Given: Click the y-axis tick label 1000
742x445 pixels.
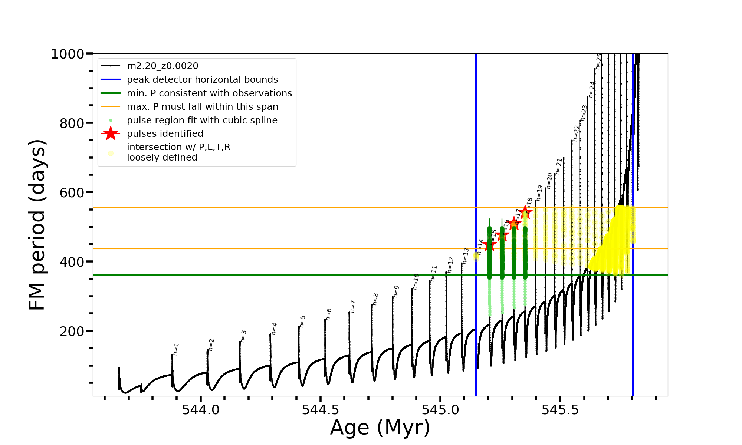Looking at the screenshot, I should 68,54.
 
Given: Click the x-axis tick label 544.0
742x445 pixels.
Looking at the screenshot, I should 201,410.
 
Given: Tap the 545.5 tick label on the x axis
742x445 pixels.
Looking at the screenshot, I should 560,410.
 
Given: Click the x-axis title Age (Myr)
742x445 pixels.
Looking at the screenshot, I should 380,428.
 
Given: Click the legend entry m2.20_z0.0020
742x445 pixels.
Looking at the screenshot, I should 162,66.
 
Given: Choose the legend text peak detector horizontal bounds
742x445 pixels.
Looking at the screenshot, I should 202,80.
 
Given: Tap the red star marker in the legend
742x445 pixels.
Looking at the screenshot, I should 111,133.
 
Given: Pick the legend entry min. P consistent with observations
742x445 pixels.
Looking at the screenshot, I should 209,93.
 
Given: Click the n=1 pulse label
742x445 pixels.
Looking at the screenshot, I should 176,349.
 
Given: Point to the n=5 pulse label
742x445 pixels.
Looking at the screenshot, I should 303,322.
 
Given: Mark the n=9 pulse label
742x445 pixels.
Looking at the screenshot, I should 396,291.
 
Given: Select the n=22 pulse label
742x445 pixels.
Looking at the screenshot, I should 576,133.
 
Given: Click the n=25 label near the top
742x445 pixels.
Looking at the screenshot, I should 598,62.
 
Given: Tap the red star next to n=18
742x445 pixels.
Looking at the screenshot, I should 525,212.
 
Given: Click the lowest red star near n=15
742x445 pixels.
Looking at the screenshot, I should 489,245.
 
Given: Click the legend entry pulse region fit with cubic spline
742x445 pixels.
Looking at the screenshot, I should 202,121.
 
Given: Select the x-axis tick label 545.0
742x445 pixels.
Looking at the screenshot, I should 440,410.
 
